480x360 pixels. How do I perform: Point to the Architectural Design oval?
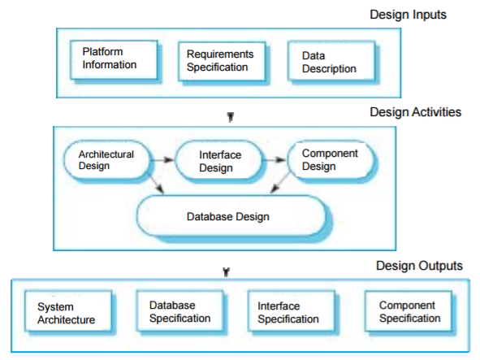(x=105, y=159)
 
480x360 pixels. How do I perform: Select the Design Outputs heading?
(x=419, y=266)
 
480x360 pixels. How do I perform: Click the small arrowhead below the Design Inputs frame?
(x=231, y=117)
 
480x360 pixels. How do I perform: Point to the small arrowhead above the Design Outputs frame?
(x=226, y=271)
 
